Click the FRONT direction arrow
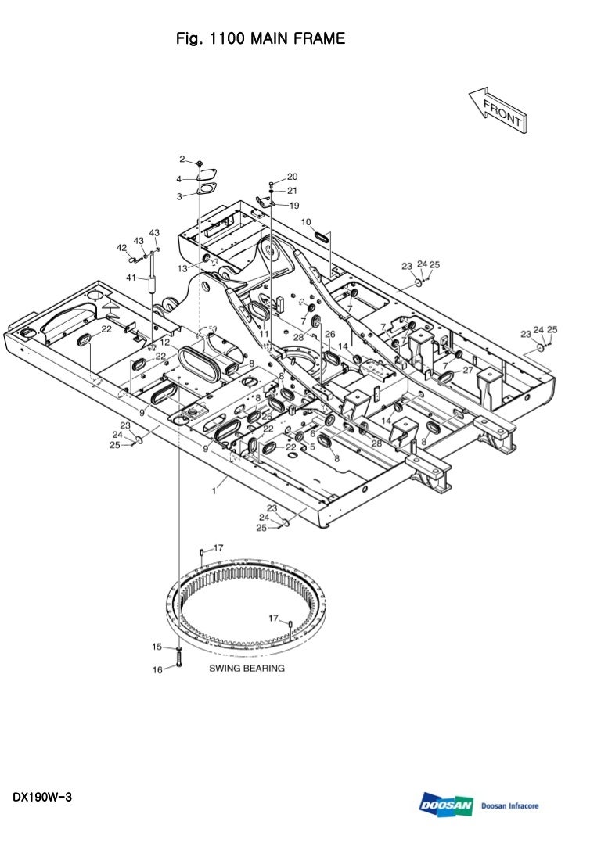coord(498,109)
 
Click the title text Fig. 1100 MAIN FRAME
coord(261,38)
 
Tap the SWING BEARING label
coord(247,669)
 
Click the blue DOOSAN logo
coord(446,805)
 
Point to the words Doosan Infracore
coord(509,806)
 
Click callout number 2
coord(182,159)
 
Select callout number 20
coord(292,177)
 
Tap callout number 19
coord(294,206)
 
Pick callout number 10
coord(306,222)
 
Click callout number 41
coord(131,278)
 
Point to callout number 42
coord(121,248)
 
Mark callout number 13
coord(182,268)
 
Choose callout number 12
coord(165,343)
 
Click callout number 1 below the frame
coord(214,491)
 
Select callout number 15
coord(157,647)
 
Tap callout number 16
coord(157,670)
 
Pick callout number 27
coord(468,370)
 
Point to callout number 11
coord(264,334)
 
